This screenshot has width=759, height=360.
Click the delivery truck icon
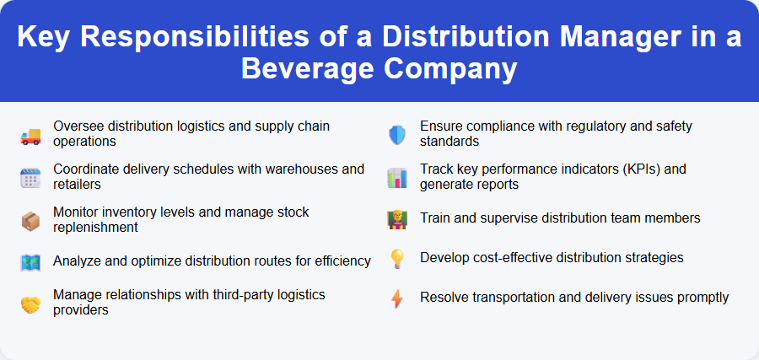point(30,134)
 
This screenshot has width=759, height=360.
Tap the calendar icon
point(30,177)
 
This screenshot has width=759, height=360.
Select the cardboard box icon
point(30,221)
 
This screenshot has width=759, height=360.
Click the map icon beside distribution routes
point(30,261)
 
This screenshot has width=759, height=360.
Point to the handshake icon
point(30,303)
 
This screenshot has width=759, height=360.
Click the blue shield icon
point(397,134)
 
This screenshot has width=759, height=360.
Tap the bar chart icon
point(397,177)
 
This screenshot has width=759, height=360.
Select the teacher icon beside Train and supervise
point(397,218)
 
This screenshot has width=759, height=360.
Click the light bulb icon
point(397,258)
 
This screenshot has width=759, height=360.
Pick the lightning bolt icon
point(397,298)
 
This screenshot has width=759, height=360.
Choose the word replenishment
point(95,227)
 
